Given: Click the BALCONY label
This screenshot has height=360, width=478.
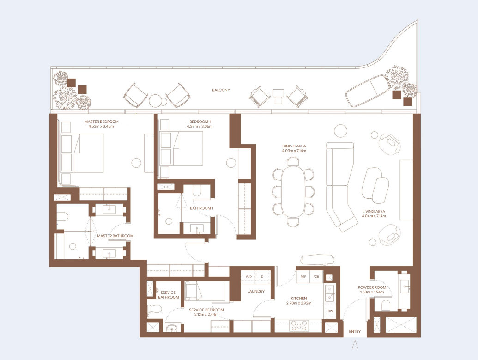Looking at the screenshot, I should coord(221,90).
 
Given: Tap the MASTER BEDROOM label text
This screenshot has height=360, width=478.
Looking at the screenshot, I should coord(101,122).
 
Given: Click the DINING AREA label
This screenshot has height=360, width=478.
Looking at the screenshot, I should coord(294,146).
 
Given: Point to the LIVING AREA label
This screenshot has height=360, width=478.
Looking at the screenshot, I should coord(374,211).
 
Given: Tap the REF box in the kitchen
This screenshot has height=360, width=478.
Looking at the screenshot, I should coord(303,276).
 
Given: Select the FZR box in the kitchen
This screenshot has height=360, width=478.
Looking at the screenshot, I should coord(316,276).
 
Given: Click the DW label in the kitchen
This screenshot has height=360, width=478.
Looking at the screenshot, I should coord(330,311).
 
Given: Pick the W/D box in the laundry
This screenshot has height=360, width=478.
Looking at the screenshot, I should coord(248,276).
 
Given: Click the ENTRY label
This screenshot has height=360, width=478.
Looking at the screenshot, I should coord(355,331).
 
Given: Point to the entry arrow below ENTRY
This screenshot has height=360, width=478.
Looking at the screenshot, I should coord(355,344).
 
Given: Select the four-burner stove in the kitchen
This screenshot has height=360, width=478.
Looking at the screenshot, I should coord(298,326).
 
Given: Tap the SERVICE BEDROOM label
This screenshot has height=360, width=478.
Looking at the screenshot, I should coord(206,310).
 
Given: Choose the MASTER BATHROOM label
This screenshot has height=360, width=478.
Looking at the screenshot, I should coord(115,236).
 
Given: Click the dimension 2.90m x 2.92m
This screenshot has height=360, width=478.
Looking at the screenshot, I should coord(299,303).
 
